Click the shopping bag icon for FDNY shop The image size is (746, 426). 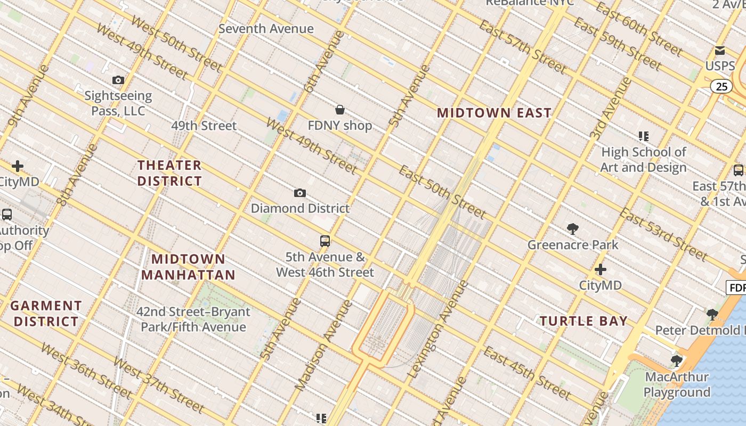pos(340,110)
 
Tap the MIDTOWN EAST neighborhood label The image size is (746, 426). pos(494,113)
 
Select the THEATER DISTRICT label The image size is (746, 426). pos(169,173)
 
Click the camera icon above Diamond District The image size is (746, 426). pos(300,193)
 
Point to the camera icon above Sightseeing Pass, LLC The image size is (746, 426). pos(118,80)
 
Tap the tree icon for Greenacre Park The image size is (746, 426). pos(573,230)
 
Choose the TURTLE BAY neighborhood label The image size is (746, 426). pos(583,321)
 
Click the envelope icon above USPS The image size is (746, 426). pos(720,51)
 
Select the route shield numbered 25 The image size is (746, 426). pos(721,86)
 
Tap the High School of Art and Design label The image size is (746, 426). pos(643,160)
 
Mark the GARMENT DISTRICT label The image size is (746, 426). pos(46,314)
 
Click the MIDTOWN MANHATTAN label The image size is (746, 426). pos(188,267)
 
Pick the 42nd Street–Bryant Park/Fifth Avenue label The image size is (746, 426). pos(193,319)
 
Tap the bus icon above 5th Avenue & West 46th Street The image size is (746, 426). pos(325,241)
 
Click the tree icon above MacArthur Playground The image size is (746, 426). pos(677,361)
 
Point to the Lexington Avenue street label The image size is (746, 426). pos(437,329)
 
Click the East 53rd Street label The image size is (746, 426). pos(663,234)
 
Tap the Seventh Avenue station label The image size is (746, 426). pos(266,29)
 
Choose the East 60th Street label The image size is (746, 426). pos(638,29)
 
